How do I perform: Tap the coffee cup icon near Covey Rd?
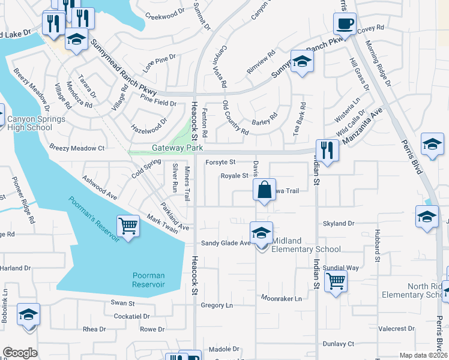pos(345,25)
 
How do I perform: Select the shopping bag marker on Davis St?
pos(264,190)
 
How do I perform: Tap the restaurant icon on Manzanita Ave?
pos(327,150)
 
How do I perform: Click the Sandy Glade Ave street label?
pos(226,243)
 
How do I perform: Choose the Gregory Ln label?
pos(217,305)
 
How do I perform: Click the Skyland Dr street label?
pos(339,223)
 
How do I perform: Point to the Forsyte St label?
pos(220,162)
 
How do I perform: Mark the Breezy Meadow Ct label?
pos(77,148)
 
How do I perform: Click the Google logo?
pos(20,353)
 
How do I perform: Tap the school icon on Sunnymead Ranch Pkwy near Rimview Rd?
pos(302,61)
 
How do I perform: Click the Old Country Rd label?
pos(235,118)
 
